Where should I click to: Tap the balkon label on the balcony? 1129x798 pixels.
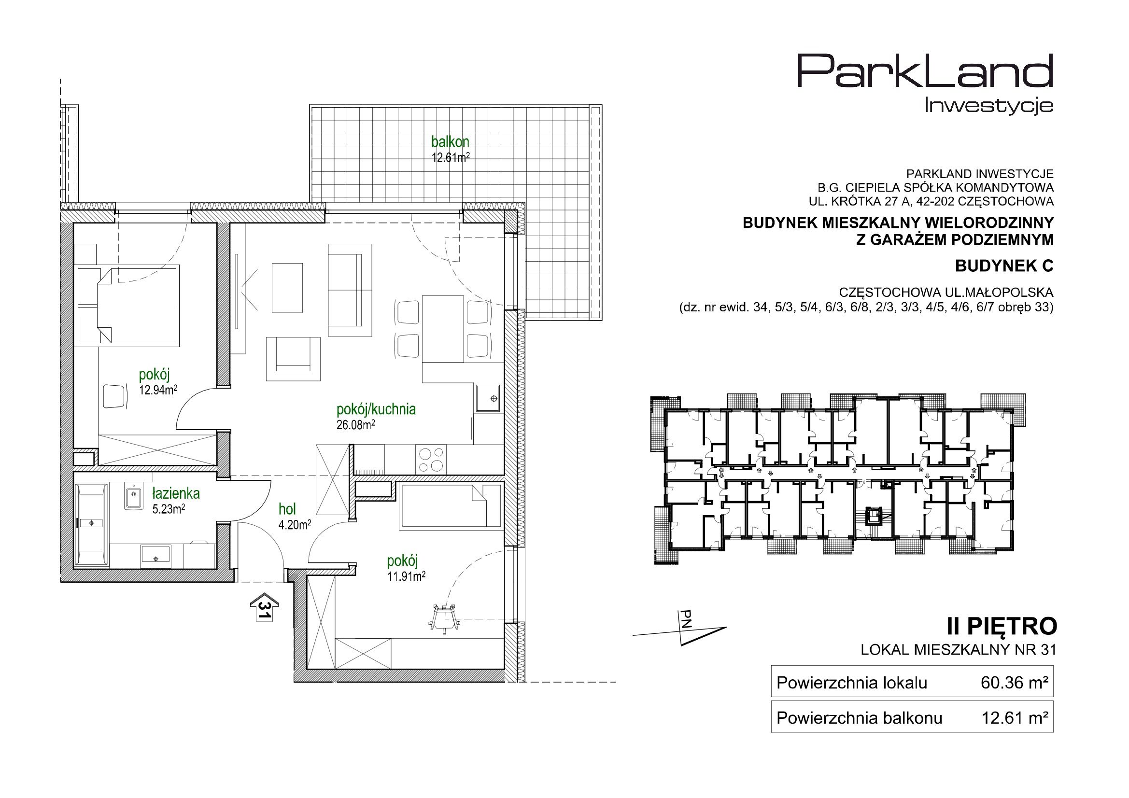450,141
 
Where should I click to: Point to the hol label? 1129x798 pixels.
287,509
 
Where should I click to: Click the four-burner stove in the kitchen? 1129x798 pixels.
431,459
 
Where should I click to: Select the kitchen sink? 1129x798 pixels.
488,398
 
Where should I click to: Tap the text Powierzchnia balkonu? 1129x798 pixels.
859,718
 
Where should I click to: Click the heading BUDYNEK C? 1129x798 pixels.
1004,266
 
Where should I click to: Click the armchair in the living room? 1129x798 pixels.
293,359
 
